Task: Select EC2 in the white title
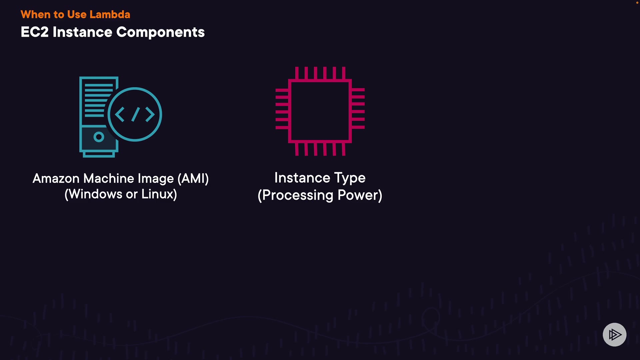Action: tap(35, 32)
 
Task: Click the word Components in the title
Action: tap(160, 32)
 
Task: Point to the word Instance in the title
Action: tap(82, 32)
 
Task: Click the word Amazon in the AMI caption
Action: tap(56, 179)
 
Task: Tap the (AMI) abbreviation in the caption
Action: tap(193, 179)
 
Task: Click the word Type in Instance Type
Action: tap(350, 178)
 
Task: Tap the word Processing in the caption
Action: tap(298, 195)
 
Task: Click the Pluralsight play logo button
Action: tap(614, 334)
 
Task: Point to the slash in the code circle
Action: tap(135, 114)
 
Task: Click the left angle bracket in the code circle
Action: tap(120, 114)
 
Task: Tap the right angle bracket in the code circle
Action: tap(150, 114)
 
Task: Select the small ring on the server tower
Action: tap(99, 137)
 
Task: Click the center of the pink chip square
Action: tap(320, 111)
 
